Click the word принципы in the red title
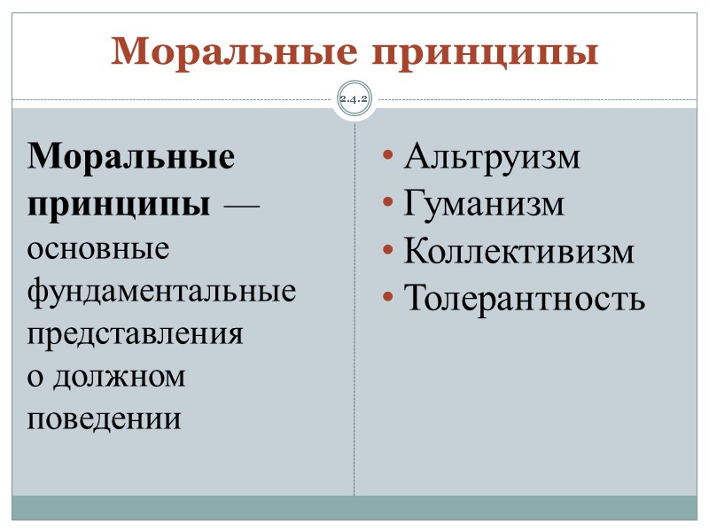click(x=480, y=55)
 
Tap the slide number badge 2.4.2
click(x=354, y=99)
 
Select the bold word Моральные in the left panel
click(x=132, y=158)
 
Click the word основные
click(x=98, y=248)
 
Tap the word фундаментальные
click(x=162, y=290)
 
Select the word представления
click(x=135, y=333)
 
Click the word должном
click(x=121, y=375)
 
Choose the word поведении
click(x=105, y=418)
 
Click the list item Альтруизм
click(x=492, y=158)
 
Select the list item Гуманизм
click(x=484, y=205)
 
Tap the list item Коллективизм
click(x=519, y=252)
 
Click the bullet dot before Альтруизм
click(x=388, y=159)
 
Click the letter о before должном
click(x=35, y=377)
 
